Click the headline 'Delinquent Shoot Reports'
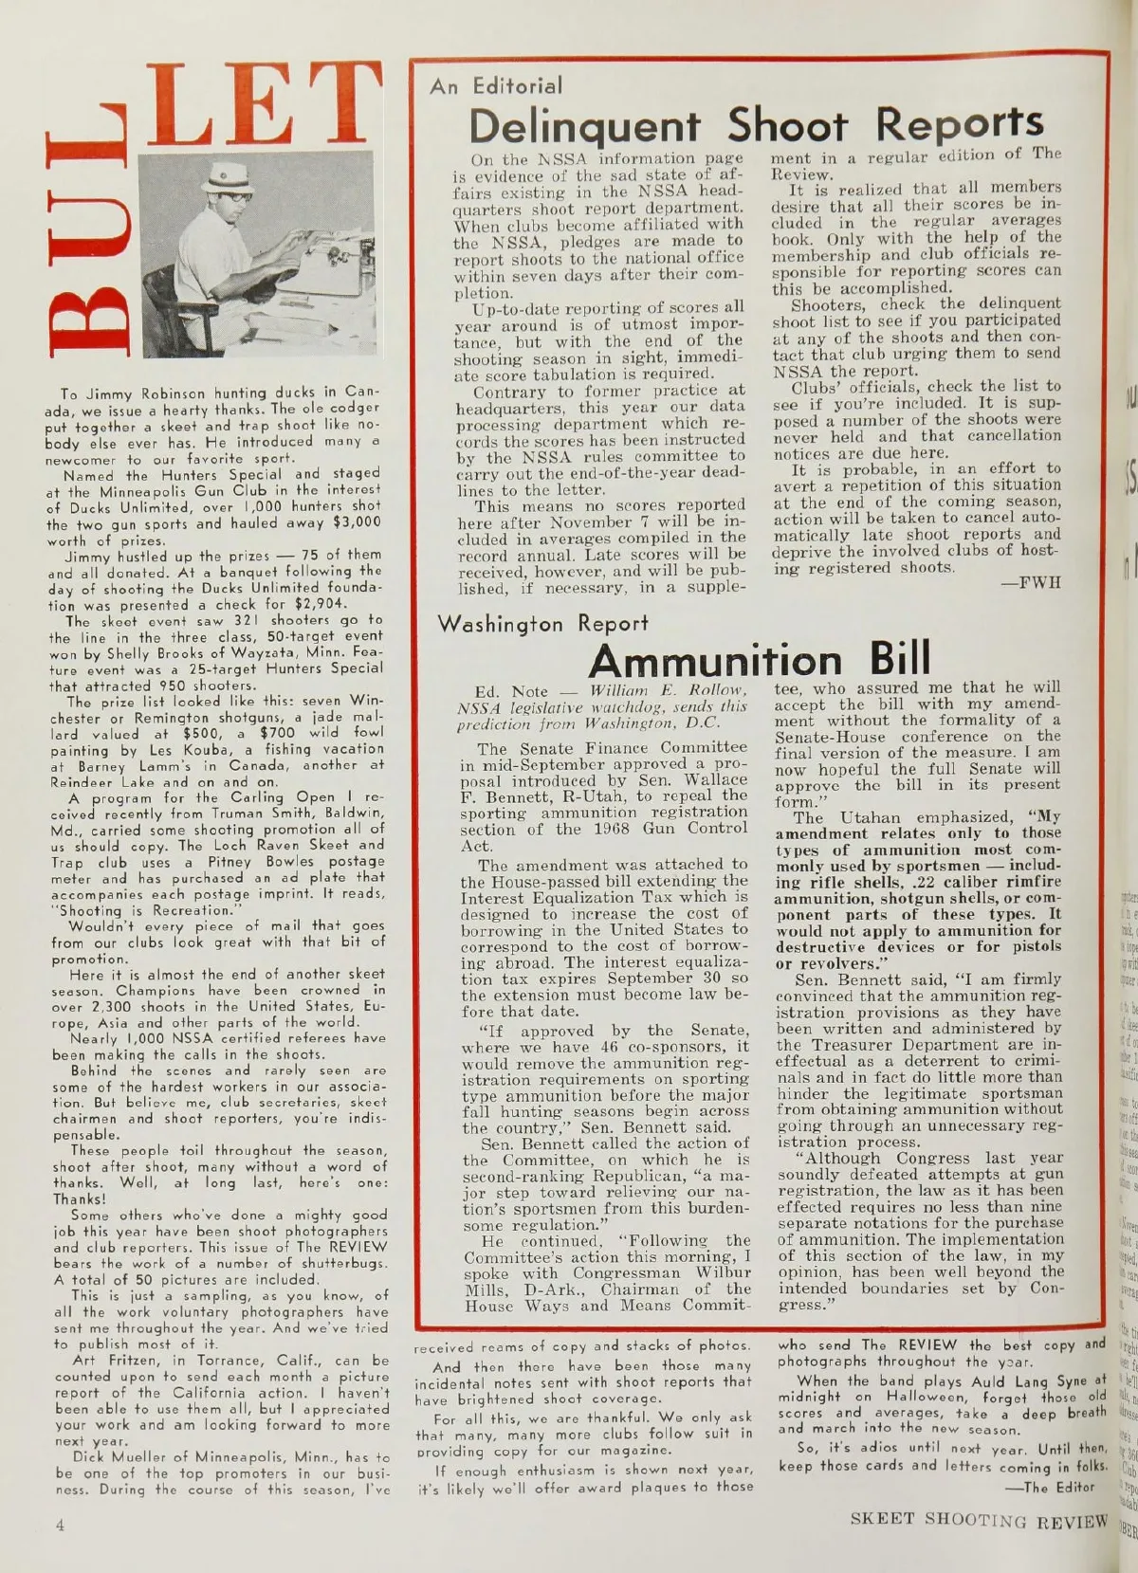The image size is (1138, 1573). (756, 124)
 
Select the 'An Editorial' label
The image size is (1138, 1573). (495, 86)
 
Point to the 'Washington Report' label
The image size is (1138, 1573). (542, 624)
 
